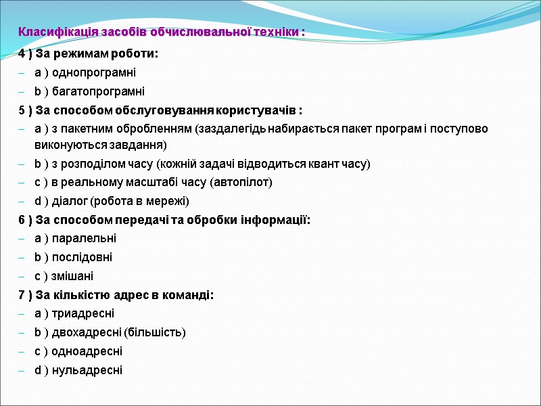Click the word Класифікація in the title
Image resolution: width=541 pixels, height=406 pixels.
pos(51,32)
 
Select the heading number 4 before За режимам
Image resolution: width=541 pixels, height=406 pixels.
pos(22,54)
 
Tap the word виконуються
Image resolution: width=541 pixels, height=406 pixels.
pos(66,145)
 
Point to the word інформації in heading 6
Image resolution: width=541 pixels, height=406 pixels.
pos(274,220)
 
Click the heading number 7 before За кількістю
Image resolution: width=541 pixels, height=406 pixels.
pos(22,294)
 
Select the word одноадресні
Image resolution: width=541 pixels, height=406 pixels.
pos(87,351)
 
